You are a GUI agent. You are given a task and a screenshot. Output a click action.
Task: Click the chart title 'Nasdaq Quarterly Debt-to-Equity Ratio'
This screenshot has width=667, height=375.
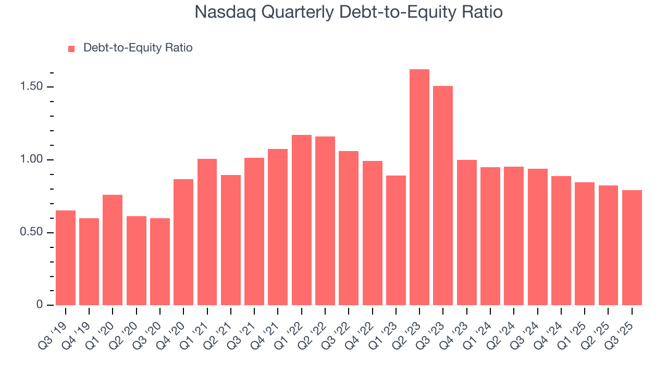(348, 12)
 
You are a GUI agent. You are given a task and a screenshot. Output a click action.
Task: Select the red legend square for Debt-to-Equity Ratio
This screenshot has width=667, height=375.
(71, 48)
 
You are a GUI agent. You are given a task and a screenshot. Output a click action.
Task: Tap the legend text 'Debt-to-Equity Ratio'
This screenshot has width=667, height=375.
(138, 48)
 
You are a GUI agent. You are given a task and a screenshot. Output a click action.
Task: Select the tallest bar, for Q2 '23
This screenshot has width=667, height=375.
(419, 187)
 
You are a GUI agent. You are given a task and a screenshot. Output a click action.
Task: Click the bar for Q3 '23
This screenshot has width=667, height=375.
(443, 196)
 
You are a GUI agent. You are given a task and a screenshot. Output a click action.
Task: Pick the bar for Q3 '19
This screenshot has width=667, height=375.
(66, 258)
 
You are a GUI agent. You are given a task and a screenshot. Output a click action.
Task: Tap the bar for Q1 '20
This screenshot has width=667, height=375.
(113, 250)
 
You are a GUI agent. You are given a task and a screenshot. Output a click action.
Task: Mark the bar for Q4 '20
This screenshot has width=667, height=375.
(183, 242)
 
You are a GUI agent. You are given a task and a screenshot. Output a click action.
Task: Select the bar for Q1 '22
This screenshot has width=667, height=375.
(302, 220)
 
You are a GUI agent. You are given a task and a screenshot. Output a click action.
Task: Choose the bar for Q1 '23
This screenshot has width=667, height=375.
(396, 241)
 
